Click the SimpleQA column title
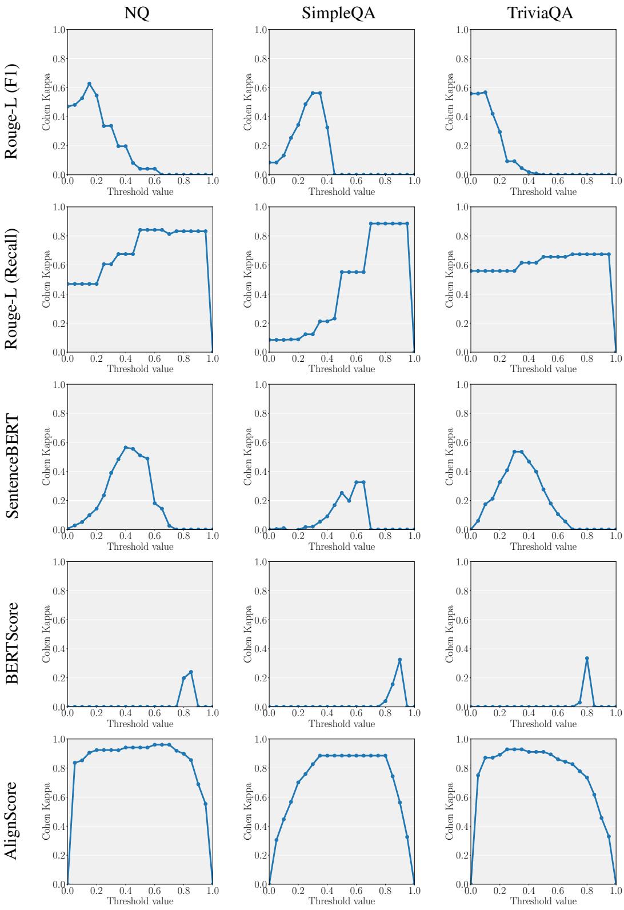click(x=338, y=12)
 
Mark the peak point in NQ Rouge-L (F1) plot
click(x=89, y=83)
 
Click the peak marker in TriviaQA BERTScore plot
click(x=587, y=658)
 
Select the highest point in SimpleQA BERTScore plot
click(x=400, y=660)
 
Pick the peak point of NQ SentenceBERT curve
click(x=126, y=448)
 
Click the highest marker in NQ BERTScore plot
click(x=191, y=672)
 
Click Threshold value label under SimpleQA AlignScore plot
click(x=342, y=901)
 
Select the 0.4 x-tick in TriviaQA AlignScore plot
click(x=529, y=891)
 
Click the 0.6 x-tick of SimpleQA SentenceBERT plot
click(x=356, y=537)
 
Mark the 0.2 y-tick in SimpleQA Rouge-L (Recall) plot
click(x=260, y=324)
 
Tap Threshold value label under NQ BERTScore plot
click(x=140, y=724)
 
